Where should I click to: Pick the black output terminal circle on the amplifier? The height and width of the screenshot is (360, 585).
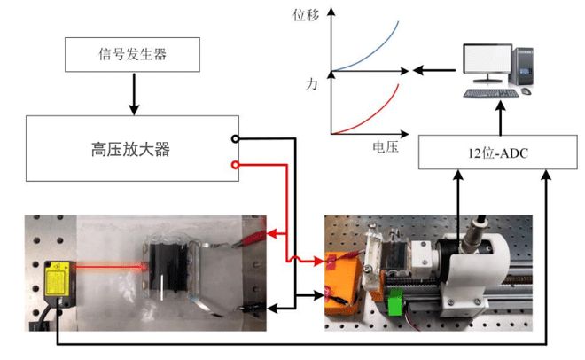(x=235, y=138)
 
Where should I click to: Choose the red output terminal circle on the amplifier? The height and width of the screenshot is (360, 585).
(x=235, y=165)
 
